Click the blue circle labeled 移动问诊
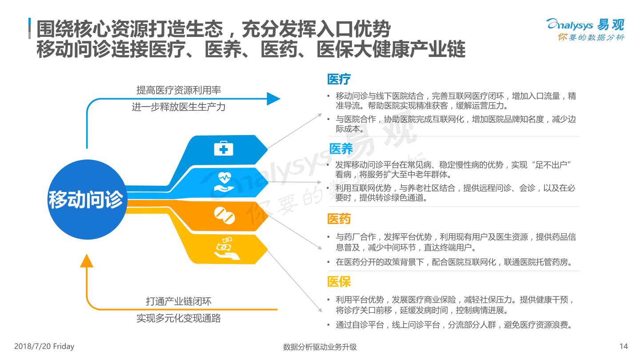(87, 200)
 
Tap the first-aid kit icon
(224, 148)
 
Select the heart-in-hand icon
(224, 182)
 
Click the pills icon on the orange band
(224, 216)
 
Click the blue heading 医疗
(339, 79)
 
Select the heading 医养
(341, 148)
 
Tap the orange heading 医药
(339, 219)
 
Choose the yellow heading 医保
(339, 282)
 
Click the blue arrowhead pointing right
(273, 99)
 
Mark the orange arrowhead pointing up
(87, 260)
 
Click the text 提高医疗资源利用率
(179, 90)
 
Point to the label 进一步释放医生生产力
(179, 107)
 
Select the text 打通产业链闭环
(179, 301)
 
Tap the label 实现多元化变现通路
(179, 318)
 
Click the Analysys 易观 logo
(585, 24)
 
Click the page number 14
(624, 346)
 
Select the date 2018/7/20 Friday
(44, 346)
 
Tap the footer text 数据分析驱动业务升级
(320, 347)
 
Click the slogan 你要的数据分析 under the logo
(591, 37)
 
